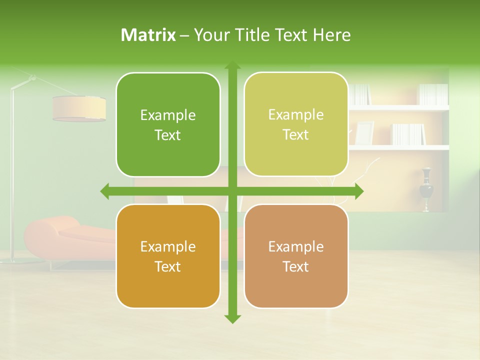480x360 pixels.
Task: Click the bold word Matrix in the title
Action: [148, 35]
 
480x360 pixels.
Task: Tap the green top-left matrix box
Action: [168, 125]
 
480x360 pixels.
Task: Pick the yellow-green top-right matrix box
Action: [296, 124]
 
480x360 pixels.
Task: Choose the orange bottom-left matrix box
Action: [168, 256]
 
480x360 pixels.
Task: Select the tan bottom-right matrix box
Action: [296, 256]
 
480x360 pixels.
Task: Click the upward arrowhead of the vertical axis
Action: [232, 66]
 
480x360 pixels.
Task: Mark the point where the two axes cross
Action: [232, 191]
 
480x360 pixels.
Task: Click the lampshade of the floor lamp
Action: [79, 108]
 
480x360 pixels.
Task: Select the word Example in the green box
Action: [168, 115]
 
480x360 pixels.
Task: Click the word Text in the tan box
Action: [296, 266]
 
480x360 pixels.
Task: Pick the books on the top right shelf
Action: [433, 94]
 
